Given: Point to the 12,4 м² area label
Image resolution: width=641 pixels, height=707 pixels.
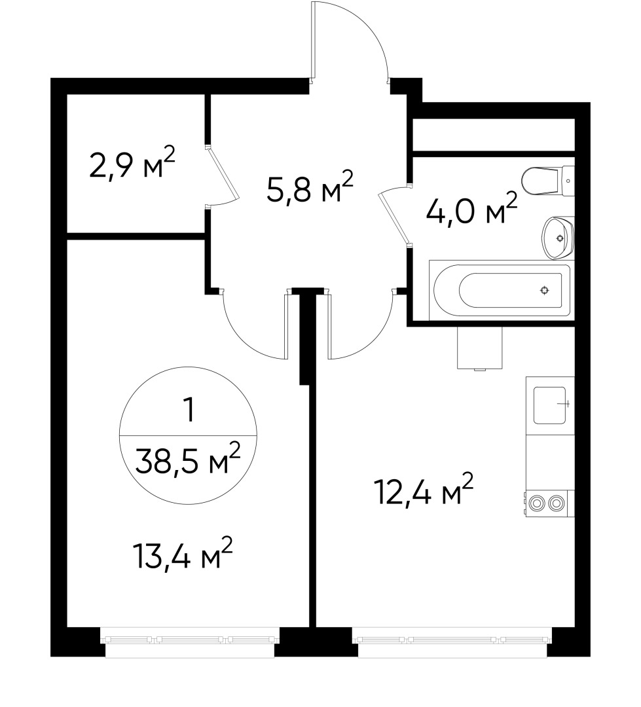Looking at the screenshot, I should (x=423, y=492).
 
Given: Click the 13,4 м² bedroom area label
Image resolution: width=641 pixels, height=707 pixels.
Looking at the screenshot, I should (x=183, y=557).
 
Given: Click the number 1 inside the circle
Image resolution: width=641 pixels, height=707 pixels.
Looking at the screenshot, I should (x=189, y=411).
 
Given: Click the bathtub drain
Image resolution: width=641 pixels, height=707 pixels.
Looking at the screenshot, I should (x=544, y=291).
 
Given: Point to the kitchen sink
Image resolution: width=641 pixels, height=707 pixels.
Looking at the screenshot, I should (x=549, y=405).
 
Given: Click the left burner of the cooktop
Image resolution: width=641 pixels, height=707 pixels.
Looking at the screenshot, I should (x=538, y=503).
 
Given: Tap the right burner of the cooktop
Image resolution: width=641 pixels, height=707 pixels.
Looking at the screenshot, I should (x=557, y=503).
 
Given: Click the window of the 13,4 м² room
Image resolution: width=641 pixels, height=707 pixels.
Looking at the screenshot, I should (x=190, y=639).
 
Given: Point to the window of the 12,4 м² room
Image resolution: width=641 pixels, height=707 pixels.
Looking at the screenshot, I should (x=452, y=639).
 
